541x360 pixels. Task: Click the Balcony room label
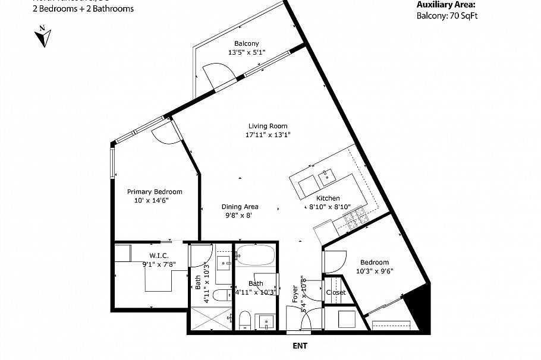(246, 43)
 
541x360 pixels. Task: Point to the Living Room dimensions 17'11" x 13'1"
(268, 134)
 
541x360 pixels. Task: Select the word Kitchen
(328, 198)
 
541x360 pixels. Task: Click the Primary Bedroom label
(155, 192)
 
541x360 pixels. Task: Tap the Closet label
(336, 292)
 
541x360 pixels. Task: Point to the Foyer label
(295, 295)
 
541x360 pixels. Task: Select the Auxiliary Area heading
(446, 5)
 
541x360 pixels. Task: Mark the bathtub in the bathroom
(254, 257)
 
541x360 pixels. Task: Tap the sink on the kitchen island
(326, 175)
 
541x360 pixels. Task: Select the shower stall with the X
(210, 319)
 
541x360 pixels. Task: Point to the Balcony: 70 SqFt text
(446, 16)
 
